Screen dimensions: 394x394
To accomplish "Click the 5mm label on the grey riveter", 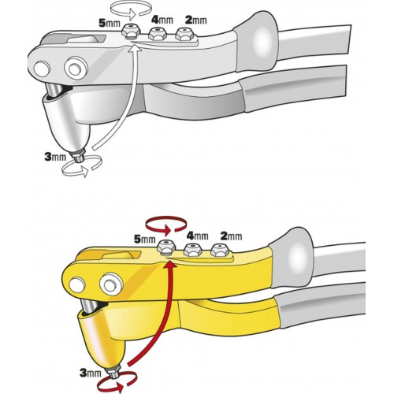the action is [x=110, y=23].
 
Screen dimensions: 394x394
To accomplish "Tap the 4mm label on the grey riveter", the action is [x=162, y=20].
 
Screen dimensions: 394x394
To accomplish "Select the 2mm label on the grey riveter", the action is [x=195, y=20].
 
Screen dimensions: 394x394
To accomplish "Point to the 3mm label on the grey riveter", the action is [x=55, y=157].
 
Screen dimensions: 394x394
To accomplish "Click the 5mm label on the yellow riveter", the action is [x=145, y=239].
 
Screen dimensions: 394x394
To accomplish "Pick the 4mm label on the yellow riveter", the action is [x=197, y=236].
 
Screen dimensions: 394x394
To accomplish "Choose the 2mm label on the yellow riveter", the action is [x=231, y=236].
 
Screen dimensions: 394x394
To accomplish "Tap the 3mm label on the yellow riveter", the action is [x=91, y=373].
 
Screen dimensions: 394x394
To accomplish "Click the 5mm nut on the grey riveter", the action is [x=130, y=32].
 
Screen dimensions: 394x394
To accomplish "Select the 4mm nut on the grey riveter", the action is [x=157, y=33].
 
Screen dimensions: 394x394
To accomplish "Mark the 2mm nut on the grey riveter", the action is [x=184, y=34].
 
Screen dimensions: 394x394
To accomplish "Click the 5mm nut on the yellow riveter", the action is [x=165, y=247].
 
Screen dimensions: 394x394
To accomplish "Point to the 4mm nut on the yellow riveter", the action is [x=193, y=249].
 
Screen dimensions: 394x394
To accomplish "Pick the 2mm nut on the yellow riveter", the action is [x=220, y=250].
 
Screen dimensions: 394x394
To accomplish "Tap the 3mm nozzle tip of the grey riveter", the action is [x=78, y=156].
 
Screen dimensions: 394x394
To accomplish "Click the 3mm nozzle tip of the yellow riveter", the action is [x=113, y=372].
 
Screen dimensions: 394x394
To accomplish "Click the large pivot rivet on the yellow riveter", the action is [x=111, y=284].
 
